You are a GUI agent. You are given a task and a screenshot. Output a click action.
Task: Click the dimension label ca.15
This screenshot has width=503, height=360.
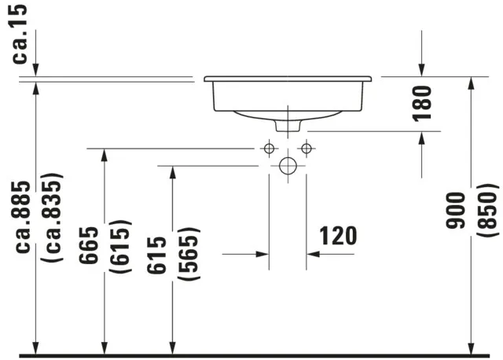coord(20,33)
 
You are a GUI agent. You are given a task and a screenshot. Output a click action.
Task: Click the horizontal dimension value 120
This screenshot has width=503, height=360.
coord(337,235)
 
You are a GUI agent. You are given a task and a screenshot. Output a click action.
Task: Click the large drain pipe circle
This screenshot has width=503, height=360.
coord(288,166)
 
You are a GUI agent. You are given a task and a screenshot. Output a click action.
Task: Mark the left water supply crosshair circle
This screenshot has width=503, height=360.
coord(269,148)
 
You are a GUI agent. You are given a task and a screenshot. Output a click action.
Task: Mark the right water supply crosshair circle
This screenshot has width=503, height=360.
coord(307,148)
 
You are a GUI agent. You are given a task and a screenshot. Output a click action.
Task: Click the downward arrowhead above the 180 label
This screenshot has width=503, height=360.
coord(422,72)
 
